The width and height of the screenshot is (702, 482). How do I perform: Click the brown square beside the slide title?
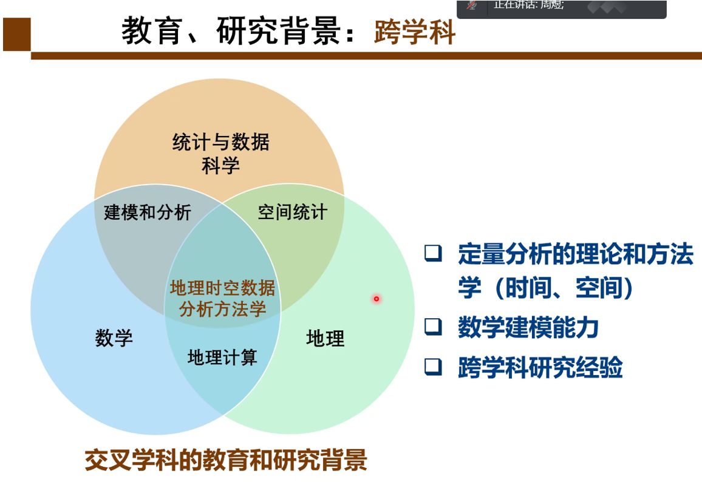click(x=16, y=35)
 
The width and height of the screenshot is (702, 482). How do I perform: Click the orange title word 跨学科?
click(x=415, y=32)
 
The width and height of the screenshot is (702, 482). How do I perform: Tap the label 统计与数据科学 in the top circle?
click(x=220, y=154)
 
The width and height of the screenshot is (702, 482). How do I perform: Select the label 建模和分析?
click(x=148, y=212)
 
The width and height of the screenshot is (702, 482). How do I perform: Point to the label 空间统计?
click(x=292, y=212)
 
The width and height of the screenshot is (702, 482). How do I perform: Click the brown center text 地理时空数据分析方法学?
click(x=222, y=299)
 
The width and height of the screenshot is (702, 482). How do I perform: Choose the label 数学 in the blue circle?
click(x=114, y=338)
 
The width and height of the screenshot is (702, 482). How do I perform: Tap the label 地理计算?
click(x=222, y=357)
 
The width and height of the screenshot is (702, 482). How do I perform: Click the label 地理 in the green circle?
click(x=325, y=338)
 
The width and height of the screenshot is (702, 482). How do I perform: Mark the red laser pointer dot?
click(x=377, y=299)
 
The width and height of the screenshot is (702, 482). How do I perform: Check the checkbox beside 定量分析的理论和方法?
click(x=433, y=253)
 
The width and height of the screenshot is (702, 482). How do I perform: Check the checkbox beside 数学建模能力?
click(x=433, y=327)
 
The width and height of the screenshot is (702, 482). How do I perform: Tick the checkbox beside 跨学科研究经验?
click(x=433, y=367)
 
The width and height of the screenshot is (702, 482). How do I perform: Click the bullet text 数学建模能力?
click(x=528, y=327)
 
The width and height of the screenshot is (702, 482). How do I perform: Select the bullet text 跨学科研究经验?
click(x=540, y=367)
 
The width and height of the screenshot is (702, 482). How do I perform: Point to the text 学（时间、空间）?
click(x=546, y=288)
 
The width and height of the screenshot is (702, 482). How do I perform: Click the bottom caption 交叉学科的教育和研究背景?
click(x=226, y=460)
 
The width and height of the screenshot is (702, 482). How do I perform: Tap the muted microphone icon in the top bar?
click(x=471, y=5)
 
